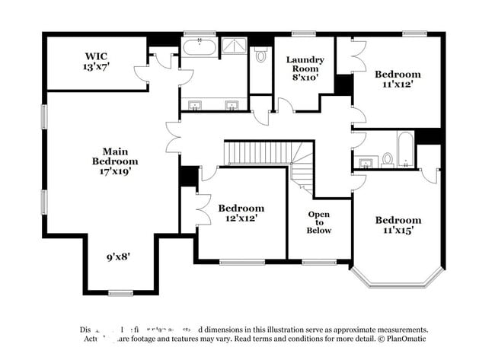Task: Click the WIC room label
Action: tap(97, 62)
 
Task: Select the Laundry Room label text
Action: tap(305, 68)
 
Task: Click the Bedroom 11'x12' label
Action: tap(397, 79)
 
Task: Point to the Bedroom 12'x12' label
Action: tap(241, 213)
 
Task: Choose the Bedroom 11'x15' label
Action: tap(398, 225)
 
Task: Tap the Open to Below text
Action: tap(319, 222)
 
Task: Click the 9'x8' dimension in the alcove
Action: tap(118, 257)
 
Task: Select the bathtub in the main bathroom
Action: tap(199, 47)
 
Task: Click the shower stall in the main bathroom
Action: tap(234, 47)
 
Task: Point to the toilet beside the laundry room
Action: tap(260, 56)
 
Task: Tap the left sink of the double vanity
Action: tap(195, 104)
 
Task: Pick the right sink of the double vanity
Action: tap(232, 104)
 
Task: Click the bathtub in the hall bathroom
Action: tap(405, 149)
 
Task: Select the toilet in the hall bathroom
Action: tap(387, 159)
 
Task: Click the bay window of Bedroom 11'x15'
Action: tap(396, 279)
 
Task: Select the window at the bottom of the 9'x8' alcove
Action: tap(120, 293)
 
